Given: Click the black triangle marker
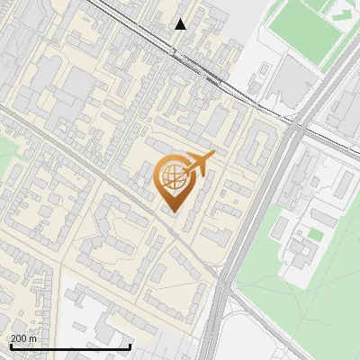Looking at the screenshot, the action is click(x=181, y=24).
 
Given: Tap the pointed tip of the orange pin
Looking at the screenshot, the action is click(x=174, y=211).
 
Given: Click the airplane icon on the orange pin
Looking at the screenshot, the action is click(x=198, y=163).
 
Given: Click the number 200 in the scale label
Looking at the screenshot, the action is click(x=19, y=338).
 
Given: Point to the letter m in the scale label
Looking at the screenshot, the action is click(x=33, y=338).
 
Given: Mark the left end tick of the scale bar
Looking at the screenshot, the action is click(x=10, y=346).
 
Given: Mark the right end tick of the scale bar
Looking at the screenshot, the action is click(x=130, y=346).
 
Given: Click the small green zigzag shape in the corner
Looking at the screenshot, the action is click(x=339, y=14).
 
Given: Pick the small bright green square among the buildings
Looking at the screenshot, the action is click(x=315, y=234).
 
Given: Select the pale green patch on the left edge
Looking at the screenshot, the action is click(x=11, y=157).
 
